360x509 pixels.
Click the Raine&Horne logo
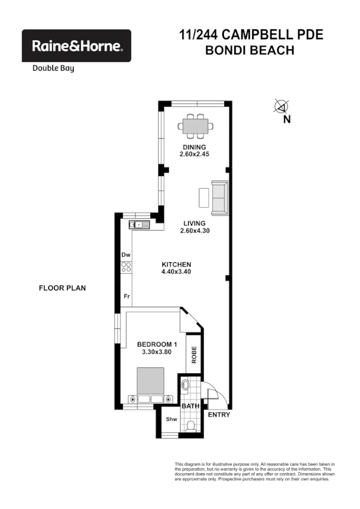(x=76, y=46)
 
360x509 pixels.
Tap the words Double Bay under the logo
(x=53, y=68)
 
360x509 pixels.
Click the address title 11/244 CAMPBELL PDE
(x=251, y=35)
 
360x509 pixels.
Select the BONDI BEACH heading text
(x=250, y=50)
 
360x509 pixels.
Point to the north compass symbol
(x=280, y=107)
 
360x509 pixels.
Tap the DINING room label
(x=195, y=147)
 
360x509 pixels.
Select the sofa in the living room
(x=219, y=198)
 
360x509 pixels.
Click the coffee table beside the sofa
(x=204, y=198)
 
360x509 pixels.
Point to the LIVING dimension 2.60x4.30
(x=195, y=231)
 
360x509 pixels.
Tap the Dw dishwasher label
(x=126, y=255)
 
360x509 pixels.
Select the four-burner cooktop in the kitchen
(x=126, y=268)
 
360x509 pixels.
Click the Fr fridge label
(x=126, y=296)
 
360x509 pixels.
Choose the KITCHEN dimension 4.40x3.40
(x=176, y=272)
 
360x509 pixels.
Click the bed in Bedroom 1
(x=150, y=386)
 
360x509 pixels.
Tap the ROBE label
(x=193, y=356)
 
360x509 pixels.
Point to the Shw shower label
(x=171, y=419)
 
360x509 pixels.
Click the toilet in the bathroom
(x=190, y=426)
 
